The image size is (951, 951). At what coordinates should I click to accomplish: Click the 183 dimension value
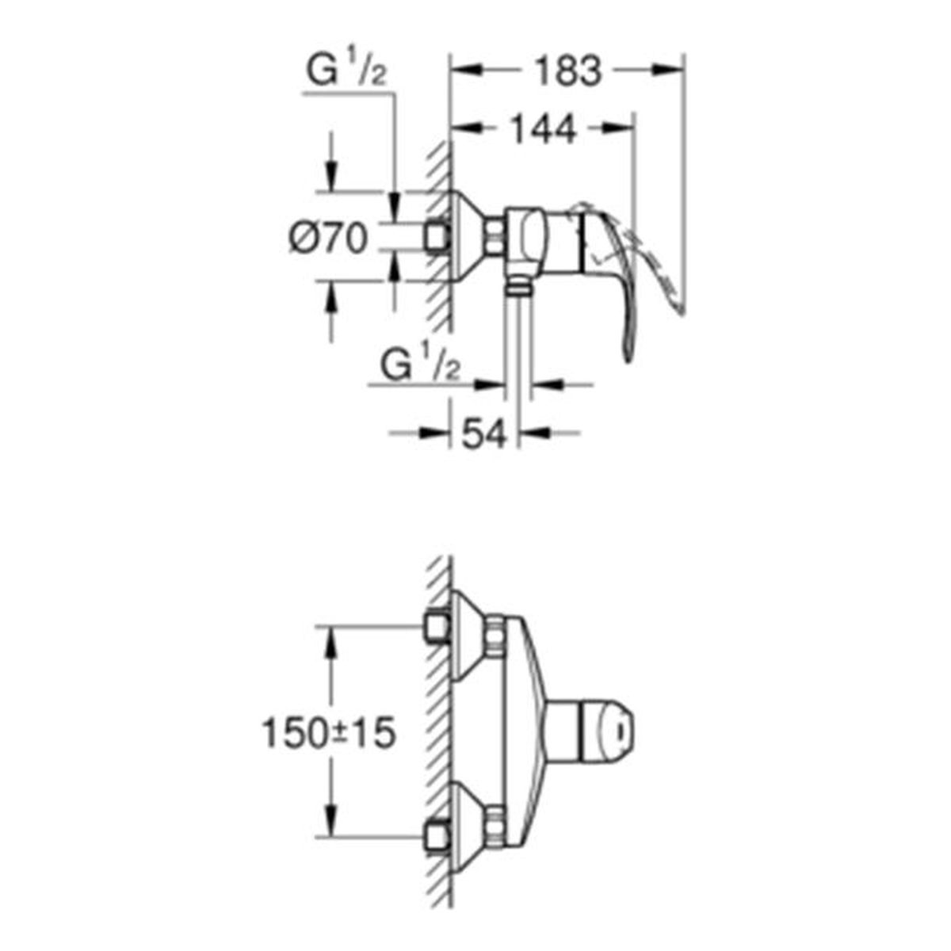[568, 71]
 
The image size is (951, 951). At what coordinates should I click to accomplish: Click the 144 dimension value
[542, 129]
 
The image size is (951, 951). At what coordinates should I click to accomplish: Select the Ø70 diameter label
[328, 238]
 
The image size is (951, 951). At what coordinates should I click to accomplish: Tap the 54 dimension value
[484, 434]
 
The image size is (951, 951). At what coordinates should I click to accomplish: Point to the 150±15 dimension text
[329, 747]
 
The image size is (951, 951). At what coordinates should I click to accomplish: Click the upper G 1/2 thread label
[346, 72]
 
